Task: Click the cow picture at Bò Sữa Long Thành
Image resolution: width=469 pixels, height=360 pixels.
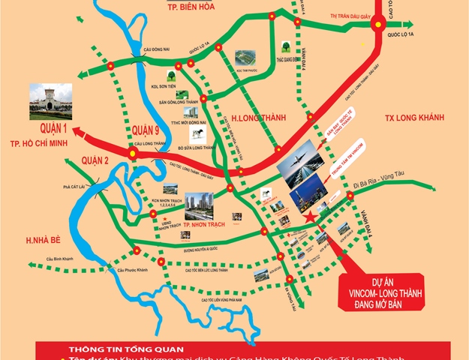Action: [198, 133]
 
